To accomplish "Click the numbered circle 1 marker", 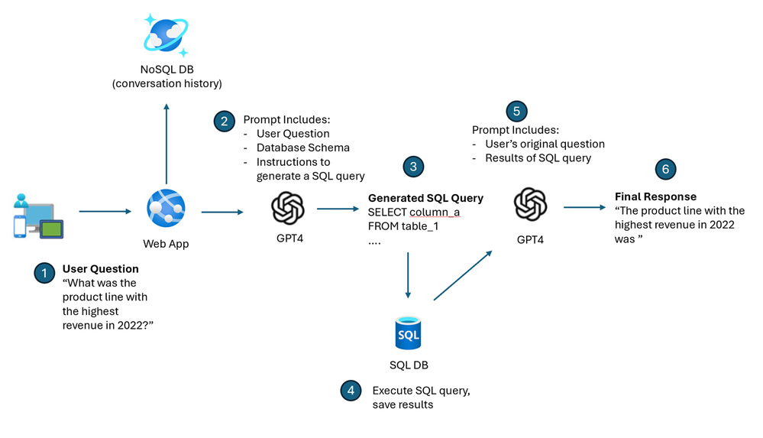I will [44, 273].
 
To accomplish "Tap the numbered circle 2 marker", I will [224, 121].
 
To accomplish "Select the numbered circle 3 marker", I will [413, 166].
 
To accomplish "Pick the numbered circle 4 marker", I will [351, 391].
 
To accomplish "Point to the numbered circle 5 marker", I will [516, 111].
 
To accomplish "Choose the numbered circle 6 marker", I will [665, 169].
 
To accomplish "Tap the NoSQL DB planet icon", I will [166, 35].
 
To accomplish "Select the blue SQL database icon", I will [408, 334].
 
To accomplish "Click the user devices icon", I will [38, 216].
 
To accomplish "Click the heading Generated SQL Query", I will [425, 198].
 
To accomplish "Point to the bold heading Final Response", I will [655, 196].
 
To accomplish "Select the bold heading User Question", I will [100, 269].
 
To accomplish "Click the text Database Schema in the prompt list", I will [303, 148].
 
